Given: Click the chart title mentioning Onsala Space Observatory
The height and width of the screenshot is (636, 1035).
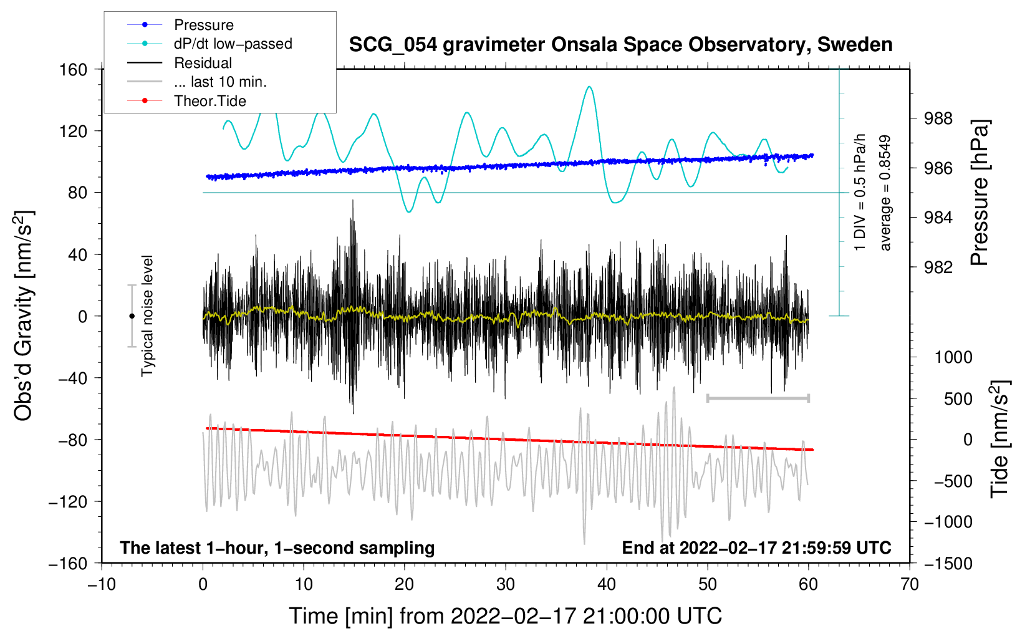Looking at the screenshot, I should [x=620, y=45].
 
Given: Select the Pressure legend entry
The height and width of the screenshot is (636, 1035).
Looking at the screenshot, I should [x=204, y=25].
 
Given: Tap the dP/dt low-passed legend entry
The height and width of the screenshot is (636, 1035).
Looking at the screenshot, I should [x=233, y=44].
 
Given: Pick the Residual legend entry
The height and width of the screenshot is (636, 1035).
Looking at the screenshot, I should [x=203, y=63].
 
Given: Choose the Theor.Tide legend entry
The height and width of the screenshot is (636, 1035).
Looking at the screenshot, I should [x=210, y=101].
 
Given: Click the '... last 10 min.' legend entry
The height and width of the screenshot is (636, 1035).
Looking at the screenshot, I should [x=220, y=82].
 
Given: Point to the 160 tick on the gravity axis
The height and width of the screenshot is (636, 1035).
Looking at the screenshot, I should [x=74, y=69].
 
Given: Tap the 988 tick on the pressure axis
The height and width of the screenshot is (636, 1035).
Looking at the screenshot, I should [x=938, y=118].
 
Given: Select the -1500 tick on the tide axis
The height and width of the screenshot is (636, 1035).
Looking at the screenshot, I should [x=948, y=563].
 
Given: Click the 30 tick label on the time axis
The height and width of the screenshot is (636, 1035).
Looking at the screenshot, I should [x=506, y=584].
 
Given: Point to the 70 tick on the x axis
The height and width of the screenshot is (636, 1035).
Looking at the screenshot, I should [x=910, y=584].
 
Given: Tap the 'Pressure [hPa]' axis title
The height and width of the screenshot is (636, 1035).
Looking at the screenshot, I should [x=980, y=193].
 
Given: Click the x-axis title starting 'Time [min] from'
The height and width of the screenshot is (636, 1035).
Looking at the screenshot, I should [x=506, y=616].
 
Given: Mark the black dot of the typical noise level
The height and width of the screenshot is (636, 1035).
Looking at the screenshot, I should [x=132, y=316].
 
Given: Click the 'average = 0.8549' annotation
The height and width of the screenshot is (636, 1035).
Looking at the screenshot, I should [x=885, y=193].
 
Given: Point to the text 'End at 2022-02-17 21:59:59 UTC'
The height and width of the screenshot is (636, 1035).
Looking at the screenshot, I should [x=756, y=547].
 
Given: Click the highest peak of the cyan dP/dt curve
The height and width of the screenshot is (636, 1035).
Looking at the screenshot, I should [x=589, y=87].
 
